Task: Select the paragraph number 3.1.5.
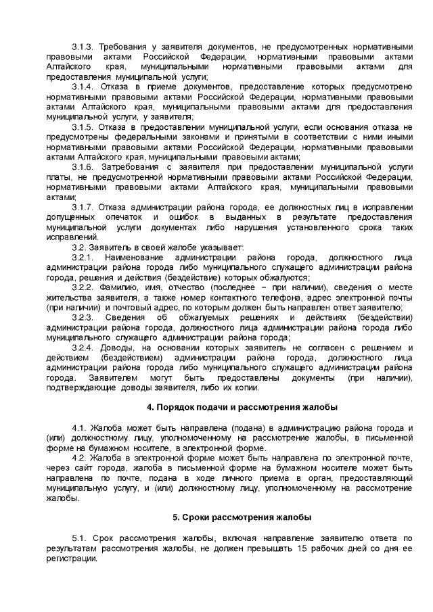pyautogui.click(x=84, y=128)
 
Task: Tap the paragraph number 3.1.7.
pyautogui.click(x=84, y=206)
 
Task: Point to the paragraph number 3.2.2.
pyautogui.click(x=84, y=287)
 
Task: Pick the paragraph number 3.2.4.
pyautogui.click(x=84, y=348)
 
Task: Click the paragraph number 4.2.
pyautogui.click(x=80, y=458)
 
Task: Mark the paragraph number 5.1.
pyautogui.click(x=80, y=538)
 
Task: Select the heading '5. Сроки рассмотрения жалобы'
pyautogui.click(x=242, y=517)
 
